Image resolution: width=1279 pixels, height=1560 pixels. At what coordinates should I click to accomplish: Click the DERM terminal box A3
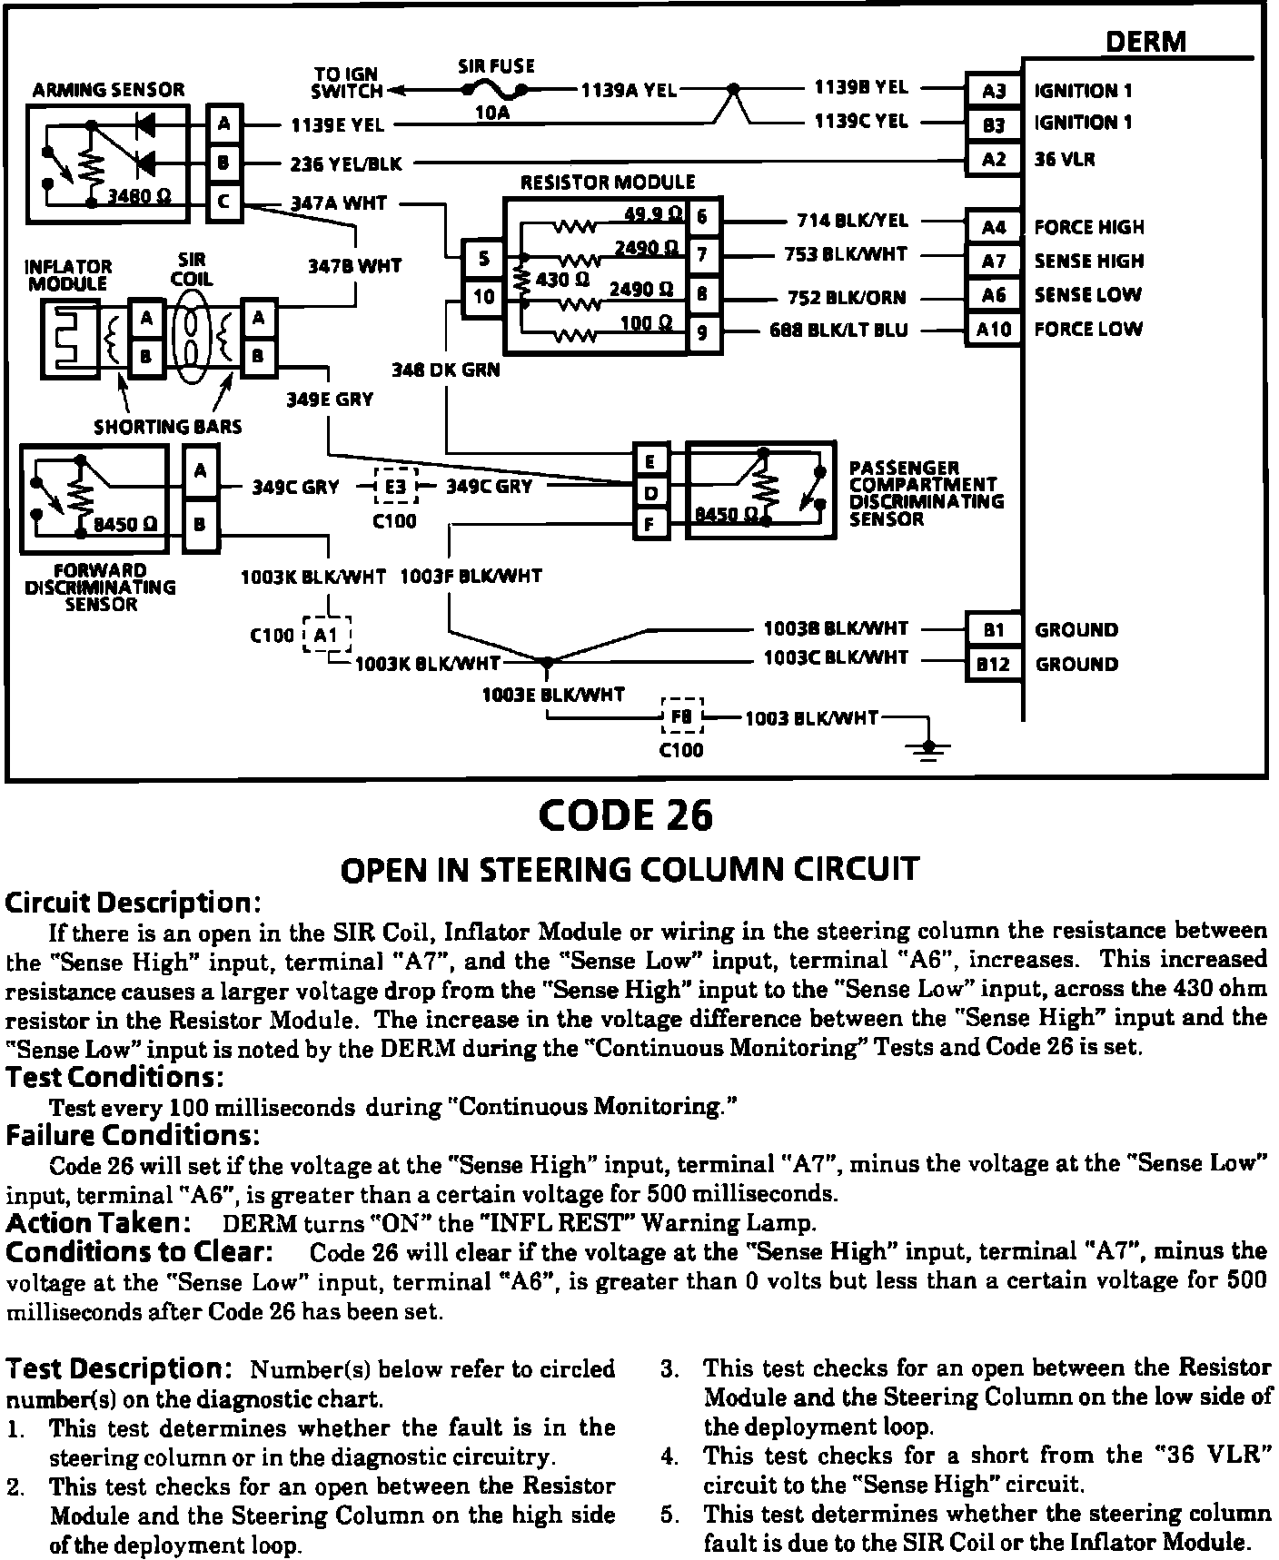coord(994,91)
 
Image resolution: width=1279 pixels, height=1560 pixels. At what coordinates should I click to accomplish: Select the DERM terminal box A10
coord(994,330)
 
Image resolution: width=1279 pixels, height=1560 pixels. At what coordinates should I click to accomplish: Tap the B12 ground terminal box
coord(993,664)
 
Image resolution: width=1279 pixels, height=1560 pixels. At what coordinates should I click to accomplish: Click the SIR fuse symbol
coord(495,89)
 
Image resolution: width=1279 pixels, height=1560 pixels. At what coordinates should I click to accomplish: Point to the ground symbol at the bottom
coord(927,748)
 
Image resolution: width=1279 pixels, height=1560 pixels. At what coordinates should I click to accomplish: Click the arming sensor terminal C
coord(223,202)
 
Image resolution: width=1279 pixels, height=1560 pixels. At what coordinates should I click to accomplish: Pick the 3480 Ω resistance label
coord(140,196)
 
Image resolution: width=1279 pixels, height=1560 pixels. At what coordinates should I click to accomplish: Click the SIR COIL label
coord(192,270)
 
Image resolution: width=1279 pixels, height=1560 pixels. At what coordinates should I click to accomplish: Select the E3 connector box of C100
coord(396,487)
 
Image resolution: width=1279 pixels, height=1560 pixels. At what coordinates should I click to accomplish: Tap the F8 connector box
coord(681,716)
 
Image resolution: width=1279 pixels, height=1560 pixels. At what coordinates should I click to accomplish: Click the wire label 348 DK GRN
coord(446,370)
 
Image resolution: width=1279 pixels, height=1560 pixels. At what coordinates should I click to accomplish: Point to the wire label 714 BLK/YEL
coord(852,220)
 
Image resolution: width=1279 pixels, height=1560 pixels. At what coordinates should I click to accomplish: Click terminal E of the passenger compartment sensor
coord(650,461)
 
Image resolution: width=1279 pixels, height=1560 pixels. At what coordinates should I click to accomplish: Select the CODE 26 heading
coord(626,815)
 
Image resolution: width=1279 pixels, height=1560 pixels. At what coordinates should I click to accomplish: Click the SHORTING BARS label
coord(168,426)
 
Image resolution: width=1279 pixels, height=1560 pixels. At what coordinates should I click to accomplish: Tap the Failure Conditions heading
coord(133,1135)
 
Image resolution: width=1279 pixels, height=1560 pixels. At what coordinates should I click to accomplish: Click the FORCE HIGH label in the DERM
coord(1089,227)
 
